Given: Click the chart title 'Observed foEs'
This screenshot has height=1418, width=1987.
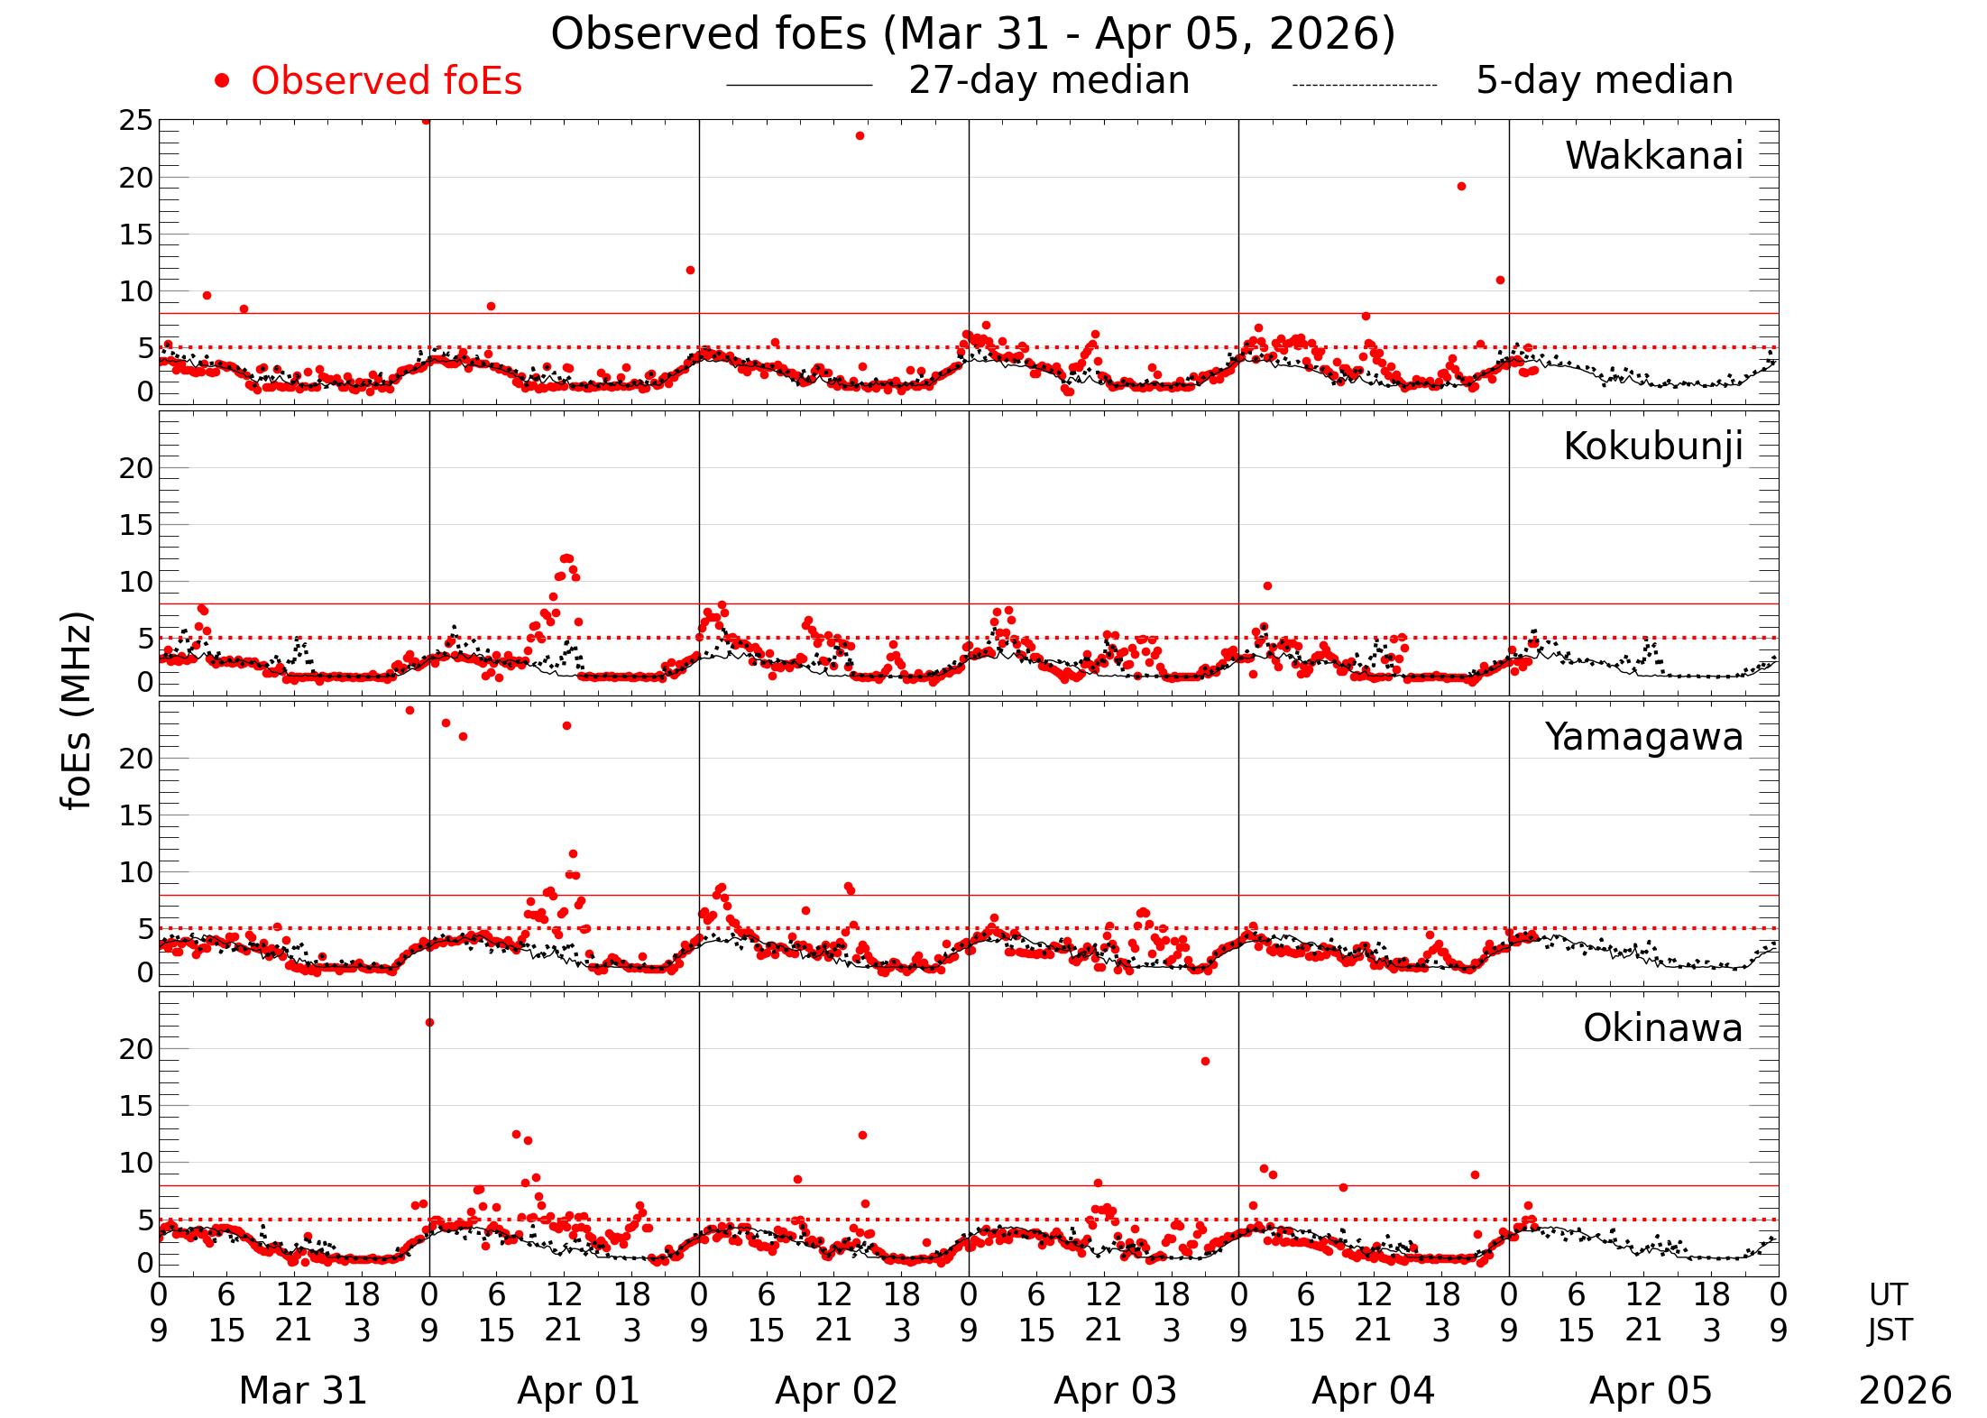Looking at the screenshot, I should point(972,34).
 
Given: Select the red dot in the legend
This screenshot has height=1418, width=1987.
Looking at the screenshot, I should point(222,81).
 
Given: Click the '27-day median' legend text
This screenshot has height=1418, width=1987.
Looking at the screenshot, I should point(1049,80).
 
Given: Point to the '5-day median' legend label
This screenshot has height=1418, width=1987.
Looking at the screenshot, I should point(1604,80).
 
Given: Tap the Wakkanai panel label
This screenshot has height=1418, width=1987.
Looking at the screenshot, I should point(1653,156).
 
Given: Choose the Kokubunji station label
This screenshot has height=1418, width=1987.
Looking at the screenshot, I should point(1652,447).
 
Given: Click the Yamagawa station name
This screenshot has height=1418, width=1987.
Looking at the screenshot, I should point(1643,737).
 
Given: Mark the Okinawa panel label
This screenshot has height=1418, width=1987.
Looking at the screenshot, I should point(1662,1028).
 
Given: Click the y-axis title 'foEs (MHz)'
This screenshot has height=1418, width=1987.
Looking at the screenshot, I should point(78,712).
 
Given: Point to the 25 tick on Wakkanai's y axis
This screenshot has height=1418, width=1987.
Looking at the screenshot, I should point(136,121).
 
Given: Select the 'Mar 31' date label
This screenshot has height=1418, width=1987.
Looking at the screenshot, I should point(303,1390).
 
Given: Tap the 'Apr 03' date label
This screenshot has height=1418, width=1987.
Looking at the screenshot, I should point(1115,1390).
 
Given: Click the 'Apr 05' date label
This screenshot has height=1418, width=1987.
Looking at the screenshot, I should point(1650,1390).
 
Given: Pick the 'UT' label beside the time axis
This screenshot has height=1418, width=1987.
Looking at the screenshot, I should point(1888,1294).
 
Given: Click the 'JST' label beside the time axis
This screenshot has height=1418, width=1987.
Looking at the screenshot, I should point(1889,1330).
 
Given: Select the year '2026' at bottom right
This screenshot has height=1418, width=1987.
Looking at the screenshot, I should point(1905,1390).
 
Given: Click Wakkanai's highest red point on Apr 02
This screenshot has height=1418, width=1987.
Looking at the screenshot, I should point(860,136).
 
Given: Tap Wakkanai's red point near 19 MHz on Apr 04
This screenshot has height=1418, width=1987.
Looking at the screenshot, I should point(1461,187).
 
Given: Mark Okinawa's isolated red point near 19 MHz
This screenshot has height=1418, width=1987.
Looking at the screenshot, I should point(1205,1061).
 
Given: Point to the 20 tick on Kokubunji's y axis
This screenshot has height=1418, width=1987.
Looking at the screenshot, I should point(136,468).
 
